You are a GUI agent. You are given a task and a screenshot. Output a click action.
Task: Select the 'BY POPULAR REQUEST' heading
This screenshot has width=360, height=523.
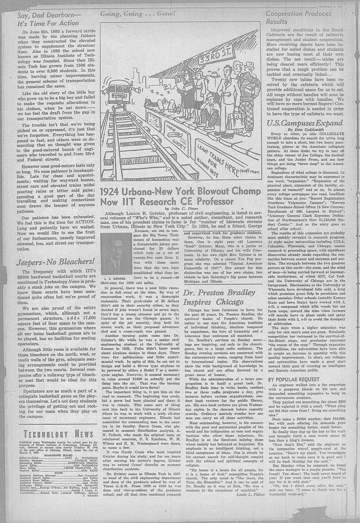[293, 379]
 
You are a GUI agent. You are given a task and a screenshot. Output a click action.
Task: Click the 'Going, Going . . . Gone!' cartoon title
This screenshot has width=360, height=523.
[137, 14]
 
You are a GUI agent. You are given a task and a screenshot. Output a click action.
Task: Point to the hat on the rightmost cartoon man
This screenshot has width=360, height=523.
[250, 65]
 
